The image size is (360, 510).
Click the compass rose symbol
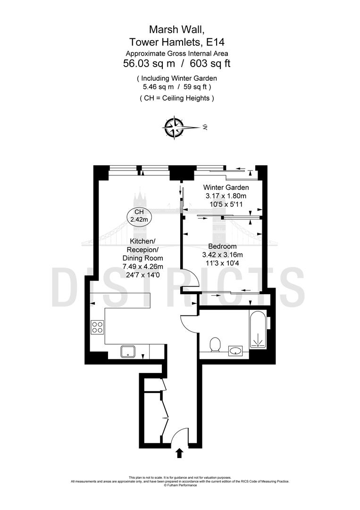pos(174,127)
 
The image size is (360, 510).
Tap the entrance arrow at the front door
pos(179,454)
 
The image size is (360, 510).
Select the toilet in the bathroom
pos(216,345)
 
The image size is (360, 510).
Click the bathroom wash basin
pos(235,350)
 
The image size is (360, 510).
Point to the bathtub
pos(258,331)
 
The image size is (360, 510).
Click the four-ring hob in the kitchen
pos(98,327)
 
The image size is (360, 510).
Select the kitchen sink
pos(128,351)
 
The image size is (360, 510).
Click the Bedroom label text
pos(222,246)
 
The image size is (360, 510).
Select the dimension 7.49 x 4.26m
pos(142,267)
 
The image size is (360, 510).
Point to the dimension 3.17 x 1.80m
pos(226,196)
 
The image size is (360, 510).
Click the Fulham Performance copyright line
pos(180,485)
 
